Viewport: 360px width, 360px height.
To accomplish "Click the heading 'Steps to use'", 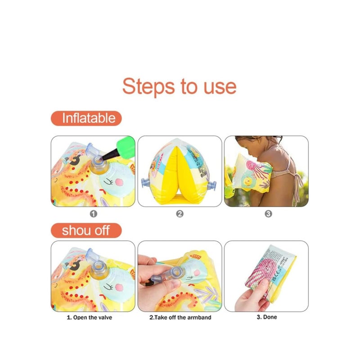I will pos(179,85).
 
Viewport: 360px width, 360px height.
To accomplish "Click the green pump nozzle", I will pos(124,147).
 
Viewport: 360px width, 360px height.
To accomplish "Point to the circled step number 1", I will pos(93,214).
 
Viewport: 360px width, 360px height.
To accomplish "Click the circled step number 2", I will pos(180,214).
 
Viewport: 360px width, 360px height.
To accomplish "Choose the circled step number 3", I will pos(268,214).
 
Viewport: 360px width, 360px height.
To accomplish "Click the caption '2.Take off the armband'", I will pos(180,317).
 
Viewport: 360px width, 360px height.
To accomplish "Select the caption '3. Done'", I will pos(267,317).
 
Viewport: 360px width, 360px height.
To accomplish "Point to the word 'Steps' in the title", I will pos(148,85).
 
